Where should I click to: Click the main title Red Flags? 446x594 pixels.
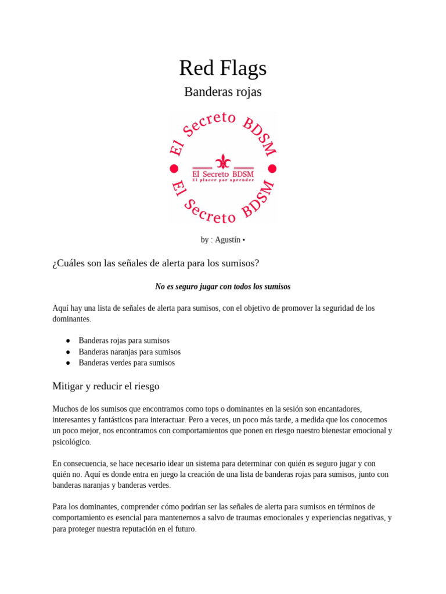point(222,68)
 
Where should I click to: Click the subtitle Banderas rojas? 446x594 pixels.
point(222,92)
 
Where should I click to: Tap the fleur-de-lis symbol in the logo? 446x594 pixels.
point(222,161)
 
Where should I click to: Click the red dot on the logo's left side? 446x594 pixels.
point(174,169)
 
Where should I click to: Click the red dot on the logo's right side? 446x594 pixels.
point(272,169)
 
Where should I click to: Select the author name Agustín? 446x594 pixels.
point(228,240)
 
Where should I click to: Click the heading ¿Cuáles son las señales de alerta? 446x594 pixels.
point(156,263)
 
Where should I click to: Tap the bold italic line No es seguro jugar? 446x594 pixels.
point(222,287)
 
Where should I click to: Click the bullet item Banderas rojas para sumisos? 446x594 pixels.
point(124,341)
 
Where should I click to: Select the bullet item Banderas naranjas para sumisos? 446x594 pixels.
point(130,352)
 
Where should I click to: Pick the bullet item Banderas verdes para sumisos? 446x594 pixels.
point(127,363)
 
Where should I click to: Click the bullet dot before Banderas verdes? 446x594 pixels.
point(68,363)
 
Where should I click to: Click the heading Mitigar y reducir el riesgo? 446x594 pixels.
point(106,386)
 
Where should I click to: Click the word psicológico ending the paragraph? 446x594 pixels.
point(71,442)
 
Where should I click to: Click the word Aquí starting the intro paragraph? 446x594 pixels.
point(60,308)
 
